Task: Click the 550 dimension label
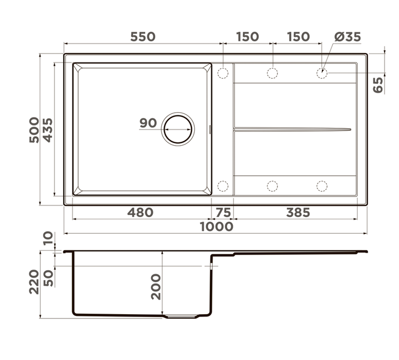pyautogui.click(x=143, y=37)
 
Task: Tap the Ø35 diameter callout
pyautogui.click(x=348, y=37)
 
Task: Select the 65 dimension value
pyautogui.click(x=378, y=85)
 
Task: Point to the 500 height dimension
pyautogui.click(x=34, y=130)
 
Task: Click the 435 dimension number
pyautogui.click(x=47, y=130)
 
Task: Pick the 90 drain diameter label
pyautogui.click(x=148, y=123)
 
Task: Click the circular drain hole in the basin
pyautogui.click(x=178, y=129)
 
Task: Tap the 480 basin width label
pyautogui.click(x=140, y=212)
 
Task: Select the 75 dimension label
pyautogui.click(x=223, y=212)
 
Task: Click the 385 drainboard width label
pyautogui.click(x=298, y=212)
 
